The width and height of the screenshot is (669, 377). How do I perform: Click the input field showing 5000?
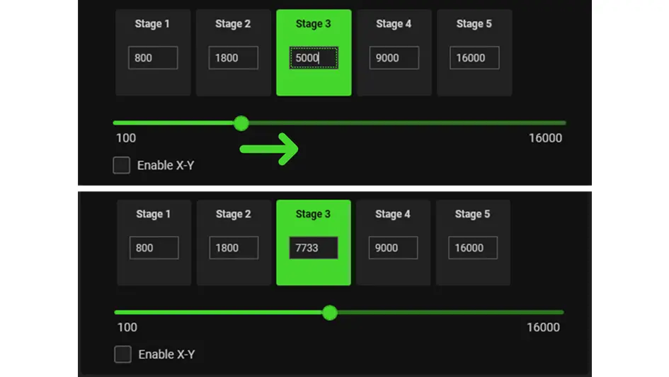(x=314, y=58)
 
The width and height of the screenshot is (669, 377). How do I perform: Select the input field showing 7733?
(x=313, y=248)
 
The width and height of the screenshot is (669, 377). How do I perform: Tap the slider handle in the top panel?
(x=241, y=123)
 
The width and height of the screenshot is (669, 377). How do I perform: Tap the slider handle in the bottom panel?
(x=329, y=313)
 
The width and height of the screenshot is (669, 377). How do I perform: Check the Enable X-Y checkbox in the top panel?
(x=122, y=165)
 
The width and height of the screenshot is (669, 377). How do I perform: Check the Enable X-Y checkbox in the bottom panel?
(x=122, y=354)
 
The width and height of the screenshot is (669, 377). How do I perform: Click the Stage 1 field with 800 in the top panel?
(x=153, y=58)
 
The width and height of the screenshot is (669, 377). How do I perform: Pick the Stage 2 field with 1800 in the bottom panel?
(x=234, y=248)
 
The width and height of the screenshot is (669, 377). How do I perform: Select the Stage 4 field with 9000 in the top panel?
(x=394, y=58)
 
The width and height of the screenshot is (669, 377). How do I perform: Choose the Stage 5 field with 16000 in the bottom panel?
(x=473, y=248)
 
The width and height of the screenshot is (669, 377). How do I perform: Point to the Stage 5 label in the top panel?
(x=474, y=24)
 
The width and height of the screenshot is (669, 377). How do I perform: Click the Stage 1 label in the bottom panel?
(x=154, y=214)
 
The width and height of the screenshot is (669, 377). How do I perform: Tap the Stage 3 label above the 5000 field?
(x=314, y=24)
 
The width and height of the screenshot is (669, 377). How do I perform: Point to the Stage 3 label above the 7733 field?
(x=313, y=214)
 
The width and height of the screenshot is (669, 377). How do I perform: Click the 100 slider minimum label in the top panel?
(x=126, y=138)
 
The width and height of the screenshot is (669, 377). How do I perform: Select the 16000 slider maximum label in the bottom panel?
(x=543, y=327)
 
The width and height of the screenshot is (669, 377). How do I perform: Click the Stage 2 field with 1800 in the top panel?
(x=233, y=58)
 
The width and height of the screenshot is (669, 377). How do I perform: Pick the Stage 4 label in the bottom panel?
(x=393, y=214)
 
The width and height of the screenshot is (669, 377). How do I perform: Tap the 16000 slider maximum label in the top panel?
(x=545, y=138)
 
